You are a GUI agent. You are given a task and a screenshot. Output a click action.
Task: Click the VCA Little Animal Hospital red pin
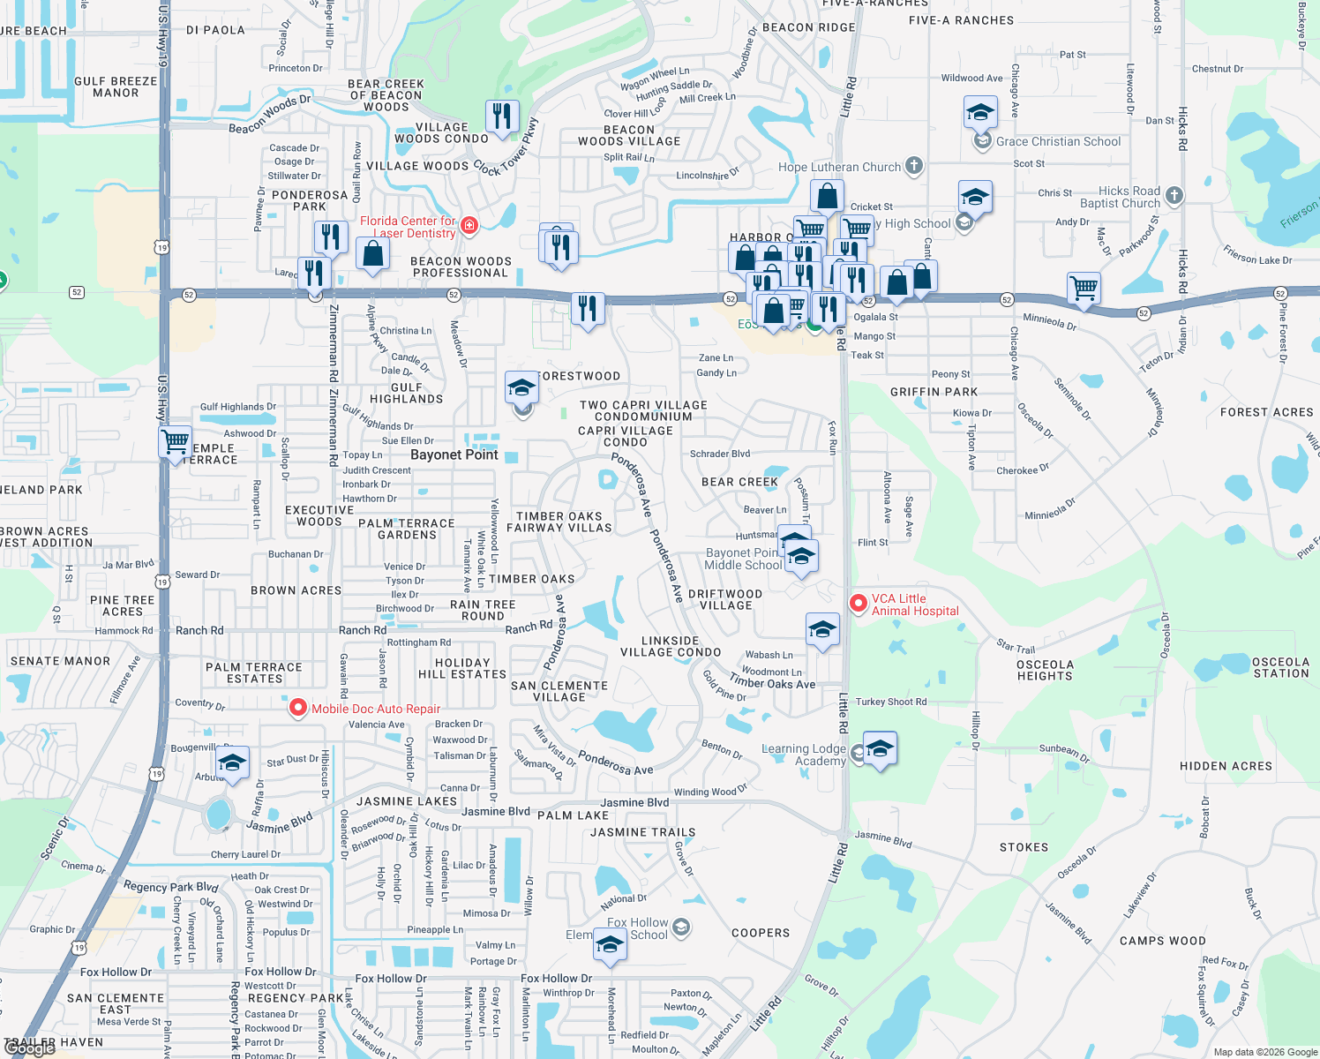coord(858,603)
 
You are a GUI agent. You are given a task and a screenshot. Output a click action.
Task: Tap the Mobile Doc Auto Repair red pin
coord(298,708)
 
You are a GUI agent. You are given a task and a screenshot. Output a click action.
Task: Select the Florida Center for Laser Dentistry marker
coord(469,226)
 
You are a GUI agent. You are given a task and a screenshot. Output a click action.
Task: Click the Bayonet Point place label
coord(454,454)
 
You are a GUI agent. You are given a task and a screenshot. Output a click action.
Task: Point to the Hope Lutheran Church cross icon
coord(914,165)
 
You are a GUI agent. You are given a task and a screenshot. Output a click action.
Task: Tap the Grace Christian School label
coord(1058,141)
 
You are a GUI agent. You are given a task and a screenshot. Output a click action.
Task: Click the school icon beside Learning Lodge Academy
coord(880,749)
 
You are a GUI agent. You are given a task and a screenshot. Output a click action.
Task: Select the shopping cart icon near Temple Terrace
coord(176,440)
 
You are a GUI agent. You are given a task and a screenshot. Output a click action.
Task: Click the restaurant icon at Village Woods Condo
coord(501,116)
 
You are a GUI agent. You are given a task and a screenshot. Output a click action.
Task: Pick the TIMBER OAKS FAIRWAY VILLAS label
coord(559,522)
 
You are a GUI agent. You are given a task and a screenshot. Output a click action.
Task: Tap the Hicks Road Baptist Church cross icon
coord(1174,195)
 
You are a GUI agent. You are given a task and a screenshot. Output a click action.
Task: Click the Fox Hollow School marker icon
coord(680,927)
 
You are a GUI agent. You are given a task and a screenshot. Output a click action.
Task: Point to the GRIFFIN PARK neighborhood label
coord(934,392)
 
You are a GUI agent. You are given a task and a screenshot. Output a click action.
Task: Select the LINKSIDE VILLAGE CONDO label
coord(671,647)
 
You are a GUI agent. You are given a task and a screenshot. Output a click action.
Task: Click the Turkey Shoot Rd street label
coord(891,702)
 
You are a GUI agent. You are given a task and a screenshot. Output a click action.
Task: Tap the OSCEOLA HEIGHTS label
coord(1045,671)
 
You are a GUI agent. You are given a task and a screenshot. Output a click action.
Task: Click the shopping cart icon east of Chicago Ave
coord(1083,287)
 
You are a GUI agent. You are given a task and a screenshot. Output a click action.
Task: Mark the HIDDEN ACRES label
coord(1226,766)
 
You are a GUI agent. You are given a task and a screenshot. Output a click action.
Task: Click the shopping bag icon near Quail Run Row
coord(372,254)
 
